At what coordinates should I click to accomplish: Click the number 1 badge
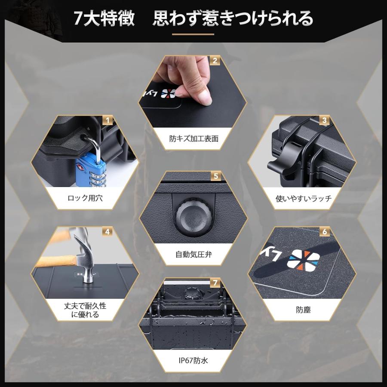click(x=108, y=120)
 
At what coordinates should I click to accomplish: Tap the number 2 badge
click(x=215, y=61)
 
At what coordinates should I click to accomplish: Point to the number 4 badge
click(x=108, y=232)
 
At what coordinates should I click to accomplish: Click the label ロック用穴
click(x=85, y=199)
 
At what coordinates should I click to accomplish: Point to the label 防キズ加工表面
click(x=193, y=138)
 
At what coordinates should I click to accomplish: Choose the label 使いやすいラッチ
click(x=304, y=199)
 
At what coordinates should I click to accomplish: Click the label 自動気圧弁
click(x=193, y=254)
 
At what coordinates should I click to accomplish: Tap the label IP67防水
click(x=193, y=360)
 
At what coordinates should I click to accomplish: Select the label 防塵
click(x=303, y=310)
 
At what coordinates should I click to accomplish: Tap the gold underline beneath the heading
click(x=193, y=34)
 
